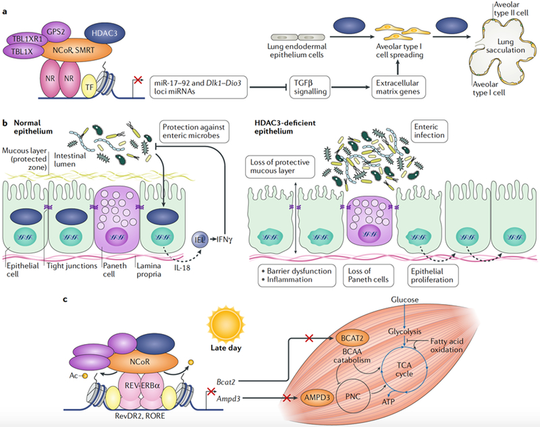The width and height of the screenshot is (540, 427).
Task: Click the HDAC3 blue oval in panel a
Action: tap(105, 33)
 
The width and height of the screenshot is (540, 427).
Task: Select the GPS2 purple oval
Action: tap(56, 32)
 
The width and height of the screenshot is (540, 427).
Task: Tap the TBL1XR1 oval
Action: tap(27, 40)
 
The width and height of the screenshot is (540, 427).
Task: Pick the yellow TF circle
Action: tap(89, 87)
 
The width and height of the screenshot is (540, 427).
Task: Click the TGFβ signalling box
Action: tap(310, 88)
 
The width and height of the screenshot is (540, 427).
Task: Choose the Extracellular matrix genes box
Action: tap(398, 88)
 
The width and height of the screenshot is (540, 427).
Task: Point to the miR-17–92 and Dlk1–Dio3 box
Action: tap(198, 88)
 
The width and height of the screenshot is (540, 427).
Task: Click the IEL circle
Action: tap(200, 239)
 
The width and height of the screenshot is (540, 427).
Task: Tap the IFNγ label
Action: tap(224, 239)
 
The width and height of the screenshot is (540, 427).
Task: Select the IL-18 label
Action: tap(182, 267)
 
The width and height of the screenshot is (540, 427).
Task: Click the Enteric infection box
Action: tap(429, 131)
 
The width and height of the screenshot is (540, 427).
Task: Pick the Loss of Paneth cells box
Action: tap(368, 275)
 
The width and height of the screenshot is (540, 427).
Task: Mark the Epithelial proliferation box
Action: tap(432, 275)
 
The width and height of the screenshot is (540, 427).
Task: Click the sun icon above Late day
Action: tap(225, 323)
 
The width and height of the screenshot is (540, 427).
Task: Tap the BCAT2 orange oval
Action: tap(352, 338)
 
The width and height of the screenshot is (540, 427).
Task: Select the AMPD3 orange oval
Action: tap(317, 398)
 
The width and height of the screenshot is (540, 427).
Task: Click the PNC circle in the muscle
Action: tap(353, 397)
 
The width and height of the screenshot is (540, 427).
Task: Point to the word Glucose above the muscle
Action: tap(404, 300)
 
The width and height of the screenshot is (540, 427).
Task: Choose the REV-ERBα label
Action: tap(142, 385)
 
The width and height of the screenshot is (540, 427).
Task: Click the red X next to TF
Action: tap(138, 80)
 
